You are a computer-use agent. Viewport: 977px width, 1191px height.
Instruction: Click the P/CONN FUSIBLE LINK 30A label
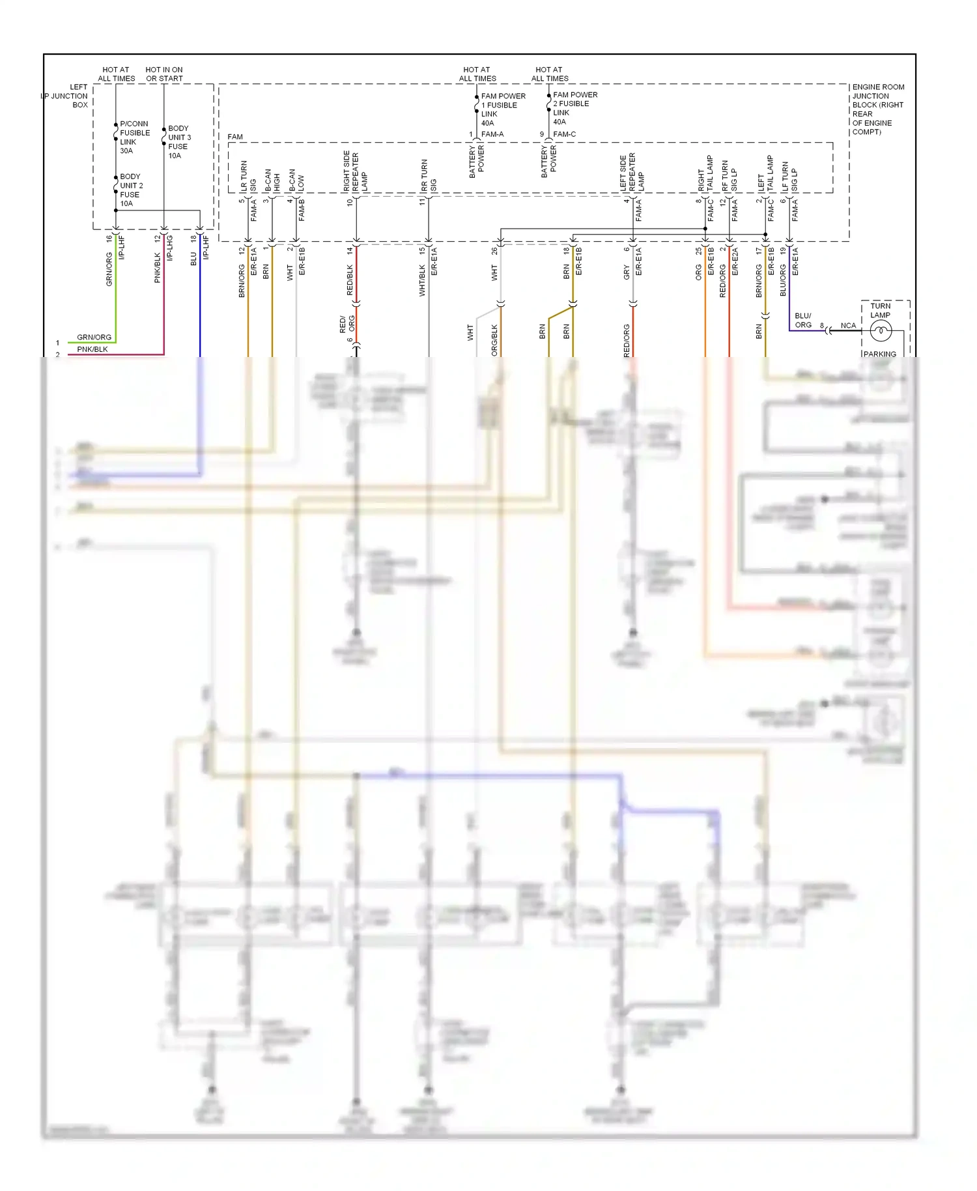click(134, 137)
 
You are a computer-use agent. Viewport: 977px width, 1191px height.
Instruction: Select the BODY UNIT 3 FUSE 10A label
click(179, 142)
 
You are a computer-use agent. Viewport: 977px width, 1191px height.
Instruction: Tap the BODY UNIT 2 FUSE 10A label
click(131, 190)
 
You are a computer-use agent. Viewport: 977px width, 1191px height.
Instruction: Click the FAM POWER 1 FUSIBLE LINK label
click(502, 109)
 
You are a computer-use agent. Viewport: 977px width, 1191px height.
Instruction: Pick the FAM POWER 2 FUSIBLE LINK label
click(574, 108)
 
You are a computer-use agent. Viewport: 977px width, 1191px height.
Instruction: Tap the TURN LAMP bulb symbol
click(880, 331)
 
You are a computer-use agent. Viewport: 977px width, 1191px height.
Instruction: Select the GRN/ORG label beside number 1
click(94, 337)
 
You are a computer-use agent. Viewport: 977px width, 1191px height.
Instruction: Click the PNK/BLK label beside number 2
click(92, 349)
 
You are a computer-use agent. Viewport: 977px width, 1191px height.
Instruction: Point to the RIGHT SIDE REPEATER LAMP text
click(355, 171)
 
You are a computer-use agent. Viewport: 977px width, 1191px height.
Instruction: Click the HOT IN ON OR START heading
click(164, 74)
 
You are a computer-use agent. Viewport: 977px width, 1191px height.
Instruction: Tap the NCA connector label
click(847, 326)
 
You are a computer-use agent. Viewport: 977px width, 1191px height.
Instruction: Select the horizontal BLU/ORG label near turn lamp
click(802, 321)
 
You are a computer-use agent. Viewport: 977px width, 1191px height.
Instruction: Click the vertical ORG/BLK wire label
click(494, 339)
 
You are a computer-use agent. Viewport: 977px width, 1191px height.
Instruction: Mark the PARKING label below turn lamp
click(879, 354)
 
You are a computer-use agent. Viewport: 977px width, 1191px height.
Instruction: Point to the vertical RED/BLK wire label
click(350, 280)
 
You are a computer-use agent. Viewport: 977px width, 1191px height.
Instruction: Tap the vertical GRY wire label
click(627, 272)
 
